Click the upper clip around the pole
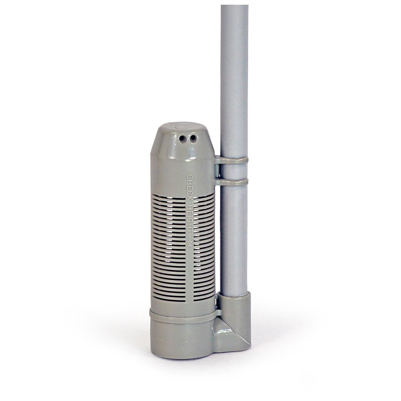[231, 160]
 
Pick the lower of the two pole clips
[231, 182]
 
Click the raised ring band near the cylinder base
[183, 316]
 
